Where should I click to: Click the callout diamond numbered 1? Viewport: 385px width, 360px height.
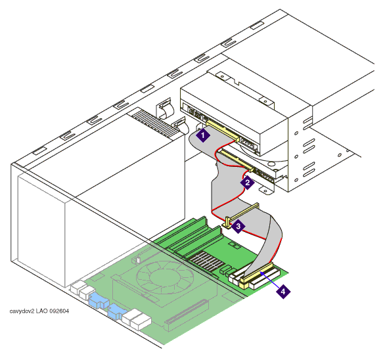(x=203, y=135)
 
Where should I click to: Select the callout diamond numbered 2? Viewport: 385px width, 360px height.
(x=247, y=183)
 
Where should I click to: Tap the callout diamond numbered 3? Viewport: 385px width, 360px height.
(x=238, y=226)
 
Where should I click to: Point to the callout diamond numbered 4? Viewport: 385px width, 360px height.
(x=283, y=292)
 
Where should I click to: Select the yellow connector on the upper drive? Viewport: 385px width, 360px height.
(x=223, y=131)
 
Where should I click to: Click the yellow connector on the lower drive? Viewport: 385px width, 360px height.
(x=237, y=160)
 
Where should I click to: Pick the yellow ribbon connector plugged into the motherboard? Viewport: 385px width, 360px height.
(x=256, y=275)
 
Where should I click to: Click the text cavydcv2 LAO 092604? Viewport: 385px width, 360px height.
(x=39, y=311)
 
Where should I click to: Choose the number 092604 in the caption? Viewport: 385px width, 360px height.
(x=59, y=311)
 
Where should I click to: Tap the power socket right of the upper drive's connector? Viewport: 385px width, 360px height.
(x=248, y=144)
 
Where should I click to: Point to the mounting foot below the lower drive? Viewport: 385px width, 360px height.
(x=266, y=191)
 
